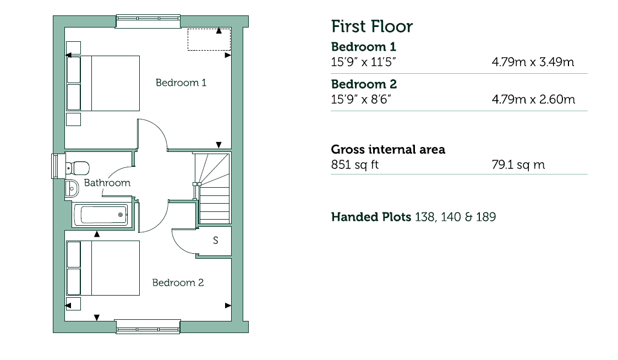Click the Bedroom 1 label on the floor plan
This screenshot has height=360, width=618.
tap(181, 83)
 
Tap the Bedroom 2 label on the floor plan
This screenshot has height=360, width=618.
tap(178, 282)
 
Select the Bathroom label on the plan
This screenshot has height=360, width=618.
tap(107, 183)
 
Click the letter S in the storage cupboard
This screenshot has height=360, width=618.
tap(216, 240)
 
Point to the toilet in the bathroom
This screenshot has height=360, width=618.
tap(77, 168)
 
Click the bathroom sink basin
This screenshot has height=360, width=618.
tap(72, 188)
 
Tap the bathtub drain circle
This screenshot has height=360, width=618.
tap(120, 215)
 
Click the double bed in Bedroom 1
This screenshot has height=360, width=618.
tap(102, 83)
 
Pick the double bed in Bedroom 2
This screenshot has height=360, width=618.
tap(102, 268)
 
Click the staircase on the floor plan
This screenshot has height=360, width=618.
tap(213, 188)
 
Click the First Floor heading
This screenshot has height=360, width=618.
tap(371, 26)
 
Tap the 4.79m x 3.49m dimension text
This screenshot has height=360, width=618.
tap(533, 62)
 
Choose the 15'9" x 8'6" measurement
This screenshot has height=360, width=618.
tap(360, 100)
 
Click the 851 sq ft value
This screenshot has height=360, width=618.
tap(355, 165)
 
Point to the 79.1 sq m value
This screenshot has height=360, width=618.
tap(518, 165)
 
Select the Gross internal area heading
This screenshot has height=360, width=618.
tap(388, 149)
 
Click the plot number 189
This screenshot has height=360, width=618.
tap(485, 217)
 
